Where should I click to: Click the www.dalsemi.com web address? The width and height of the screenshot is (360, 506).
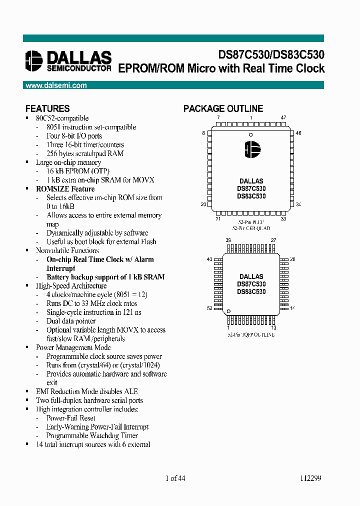coord(56,85)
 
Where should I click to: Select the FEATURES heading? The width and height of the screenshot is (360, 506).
coord(47,108)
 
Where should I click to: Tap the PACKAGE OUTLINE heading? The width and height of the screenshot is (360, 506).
coord(223,108)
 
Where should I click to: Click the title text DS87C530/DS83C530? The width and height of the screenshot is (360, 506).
coord(270,55)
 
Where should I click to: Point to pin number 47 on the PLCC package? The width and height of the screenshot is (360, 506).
coord(283,117)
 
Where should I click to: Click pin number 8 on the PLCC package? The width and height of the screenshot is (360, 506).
coord(203,133)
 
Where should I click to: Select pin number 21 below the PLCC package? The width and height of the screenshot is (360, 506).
coord(218,218)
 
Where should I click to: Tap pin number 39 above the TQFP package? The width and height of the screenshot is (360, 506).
coord(228,240)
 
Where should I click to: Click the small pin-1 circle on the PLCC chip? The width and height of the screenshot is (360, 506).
coord(251,134)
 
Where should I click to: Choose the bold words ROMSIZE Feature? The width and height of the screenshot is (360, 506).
coord(65,189)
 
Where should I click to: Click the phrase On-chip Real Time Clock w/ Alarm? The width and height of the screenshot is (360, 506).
coord(100,259)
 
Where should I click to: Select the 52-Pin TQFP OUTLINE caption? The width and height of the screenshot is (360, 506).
coord(251,334)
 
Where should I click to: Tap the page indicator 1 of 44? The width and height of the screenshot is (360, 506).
coord(175,478)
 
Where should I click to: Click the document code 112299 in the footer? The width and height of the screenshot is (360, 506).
coord(311,478)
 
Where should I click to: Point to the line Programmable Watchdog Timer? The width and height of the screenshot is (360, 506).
coord(92,435)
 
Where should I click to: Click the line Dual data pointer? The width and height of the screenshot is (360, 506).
coord(71,321)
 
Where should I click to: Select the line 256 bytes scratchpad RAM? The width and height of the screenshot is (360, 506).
coord(85,153)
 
